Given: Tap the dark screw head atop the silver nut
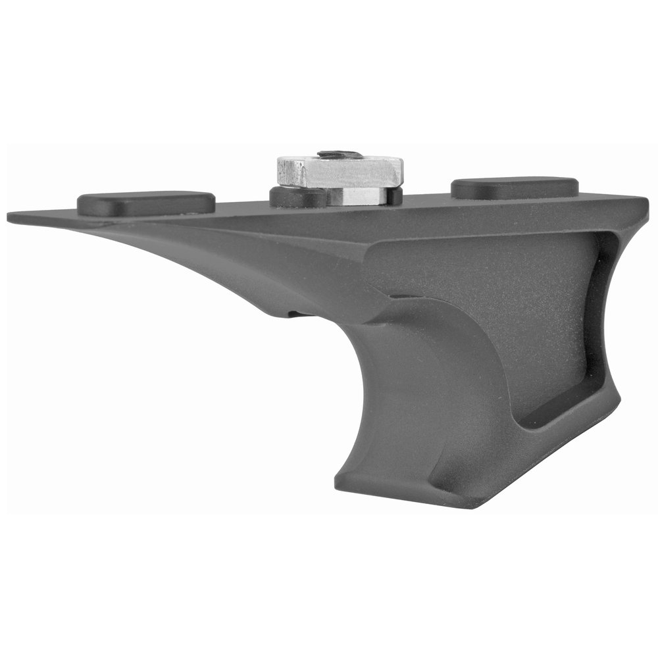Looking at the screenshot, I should pos(340,155).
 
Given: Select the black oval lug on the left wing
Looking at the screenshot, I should pos(146,203).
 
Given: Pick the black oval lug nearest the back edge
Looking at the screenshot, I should pos(515,188).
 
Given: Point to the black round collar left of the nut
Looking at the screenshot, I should pos(297,196).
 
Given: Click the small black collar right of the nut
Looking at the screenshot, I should pos(394,195).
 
